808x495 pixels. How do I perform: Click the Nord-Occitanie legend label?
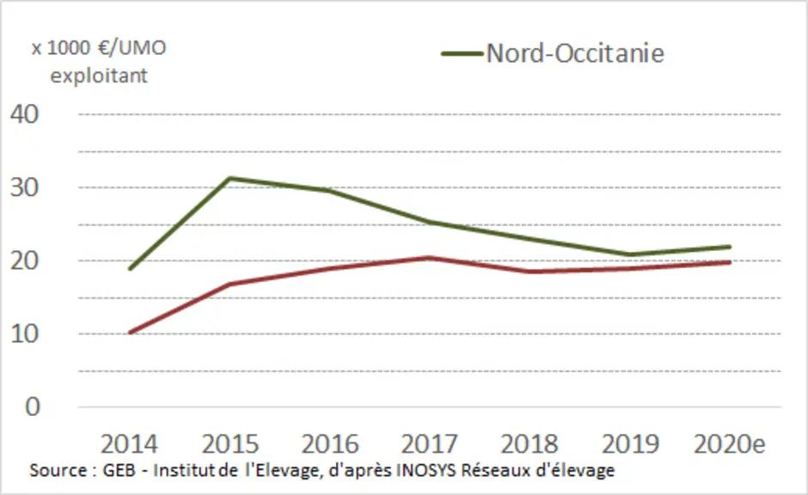[x=575, y=53]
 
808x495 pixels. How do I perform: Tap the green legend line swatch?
[x=462, y=53]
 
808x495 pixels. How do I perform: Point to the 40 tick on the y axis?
[x=24, y=113]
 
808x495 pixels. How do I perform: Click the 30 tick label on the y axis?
[x=24, y=187]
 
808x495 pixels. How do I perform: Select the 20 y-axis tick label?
[x=24, y=260]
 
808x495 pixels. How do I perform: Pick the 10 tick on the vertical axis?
[x=24, y=333]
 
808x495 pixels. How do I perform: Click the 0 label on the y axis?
[x=33, y=407]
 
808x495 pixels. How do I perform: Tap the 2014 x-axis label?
[x=129, y=444]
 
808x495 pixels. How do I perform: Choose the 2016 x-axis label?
[x=330, y=444]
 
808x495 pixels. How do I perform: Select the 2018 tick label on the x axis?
[x=529, y=444]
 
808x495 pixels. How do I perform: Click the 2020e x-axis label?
[x=730, y=444]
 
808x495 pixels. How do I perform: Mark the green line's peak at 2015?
[x=230, y=178]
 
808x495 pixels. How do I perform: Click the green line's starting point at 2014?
[x=130, y=268]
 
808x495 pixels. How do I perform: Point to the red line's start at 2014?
[x=130, y=333]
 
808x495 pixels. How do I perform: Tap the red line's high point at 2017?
[x=429, y=258]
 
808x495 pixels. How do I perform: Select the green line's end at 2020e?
[x=730, y=247]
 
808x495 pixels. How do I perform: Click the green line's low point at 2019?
[x=629, y=254]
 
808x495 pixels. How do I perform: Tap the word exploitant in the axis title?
[x=99, y=76]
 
